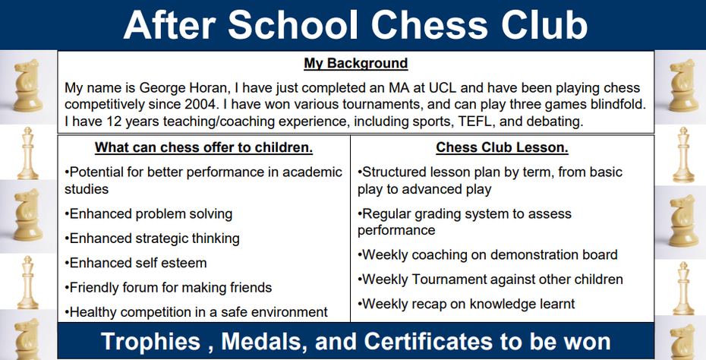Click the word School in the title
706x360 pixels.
click(x=294, y=24)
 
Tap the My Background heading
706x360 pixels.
click(x=356, y=63)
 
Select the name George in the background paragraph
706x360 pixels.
click(x=163, y=88)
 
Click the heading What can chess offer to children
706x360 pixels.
click(x=204, y=147)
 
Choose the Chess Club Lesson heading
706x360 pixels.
click(x=502, y=147)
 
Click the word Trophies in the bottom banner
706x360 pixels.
click(x=150, y=341)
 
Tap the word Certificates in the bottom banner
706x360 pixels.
click(x=427, y=341)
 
